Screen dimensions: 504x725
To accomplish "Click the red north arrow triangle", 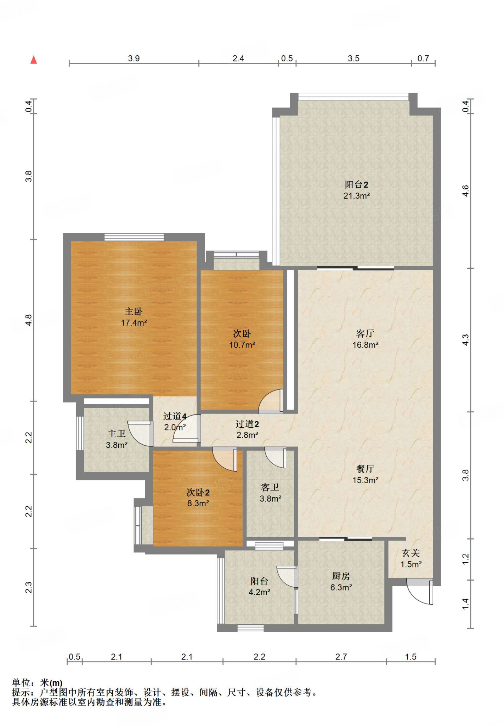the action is (x=34, y=60).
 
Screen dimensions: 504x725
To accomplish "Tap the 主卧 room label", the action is (x=134, y=312).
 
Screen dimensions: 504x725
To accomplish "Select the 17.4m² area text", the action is (x=134, y=323).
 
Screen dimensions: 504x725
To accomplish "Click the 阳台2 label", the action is (x=357, y=184).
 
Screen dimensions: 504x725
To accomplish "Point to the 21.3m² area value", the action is (x=357, y=196).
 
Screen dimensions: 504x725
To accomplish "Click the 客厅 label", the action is (x=365, y=333).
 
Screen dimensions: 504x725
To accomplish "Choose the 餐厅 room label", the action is (x=365, y=469).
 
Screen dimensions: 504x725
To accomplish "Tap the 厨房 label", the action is (x=341, y=576).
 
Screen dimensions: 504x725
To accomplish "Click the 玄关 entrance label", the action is (x=411, y=553).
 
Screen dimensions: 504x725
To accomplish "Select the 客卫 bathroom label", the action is (x=270, y=487).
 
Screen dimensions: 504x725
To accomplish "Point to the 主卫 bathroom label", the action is (x=117, y=434).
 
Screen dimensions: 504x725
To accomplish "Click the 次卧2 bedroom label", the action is (x=198, y=492).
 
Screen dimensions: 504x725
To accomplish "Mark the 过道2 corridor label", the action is (x=247, y=424).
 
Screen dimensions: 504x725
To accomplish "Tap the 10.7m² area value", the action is (x=242, y=345).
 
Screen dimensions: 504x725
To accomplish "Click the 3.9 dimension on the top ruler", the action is (x=134, y=58).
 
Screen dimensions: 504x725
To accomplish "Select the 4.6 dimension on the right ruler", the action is (x=465, y=191).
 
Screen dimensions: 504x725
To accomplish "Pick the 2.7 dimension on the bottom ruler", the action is (x=341, y=657).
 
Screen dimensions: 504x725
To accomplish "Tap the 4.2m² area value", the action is (x=260, y=592).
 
